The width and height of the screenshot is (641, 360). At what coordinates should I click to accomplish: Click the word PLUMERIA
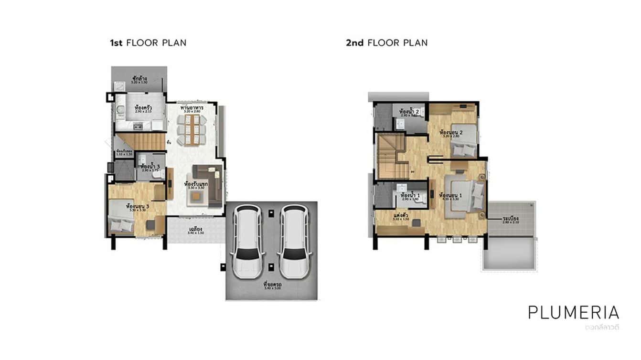573,312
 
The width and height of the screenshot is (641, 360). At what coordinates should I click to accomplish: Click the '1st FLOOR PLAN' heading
148,43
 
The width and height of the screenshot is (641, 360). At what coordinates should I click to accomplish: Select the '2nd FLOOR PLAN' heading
386,43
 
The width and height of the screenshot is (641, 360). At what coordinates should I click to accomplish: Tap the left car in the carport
247,242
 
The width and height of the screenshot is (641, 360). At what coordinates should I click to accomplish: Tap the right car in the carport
293,242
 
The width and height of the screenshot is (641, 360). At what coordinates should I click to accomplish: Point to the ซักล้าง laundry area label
139,78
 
